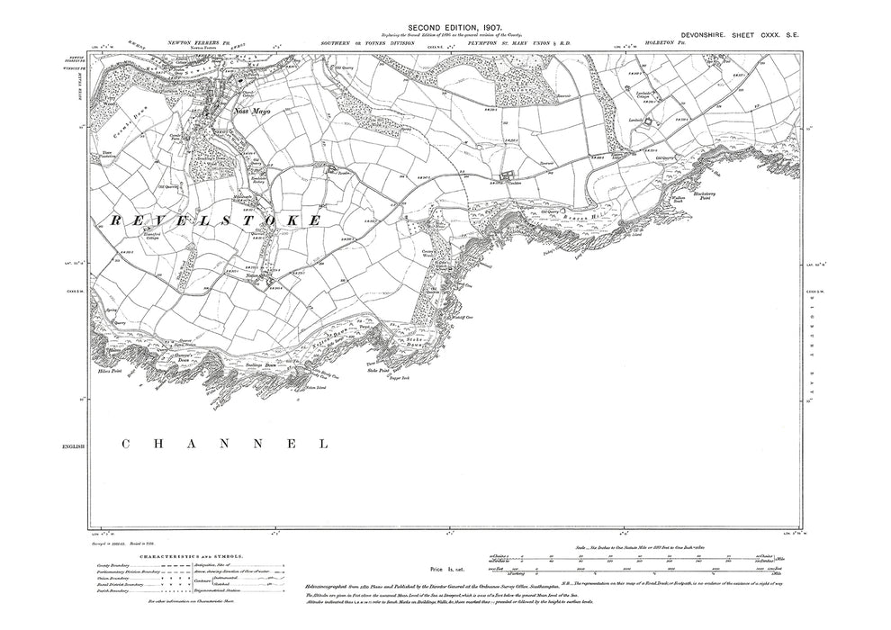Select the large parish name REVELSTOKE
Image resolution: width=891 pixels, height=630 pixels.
(x=217, y=220)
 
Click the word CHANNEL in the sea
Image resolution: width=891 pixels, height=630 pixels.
(x=225, y=444)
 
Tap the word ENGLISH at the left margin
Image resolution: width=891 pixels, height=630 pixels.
(x=73, y=446)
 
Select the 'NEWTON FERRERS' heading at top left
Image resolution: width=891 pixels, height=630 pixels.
(x=193, y=42)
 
